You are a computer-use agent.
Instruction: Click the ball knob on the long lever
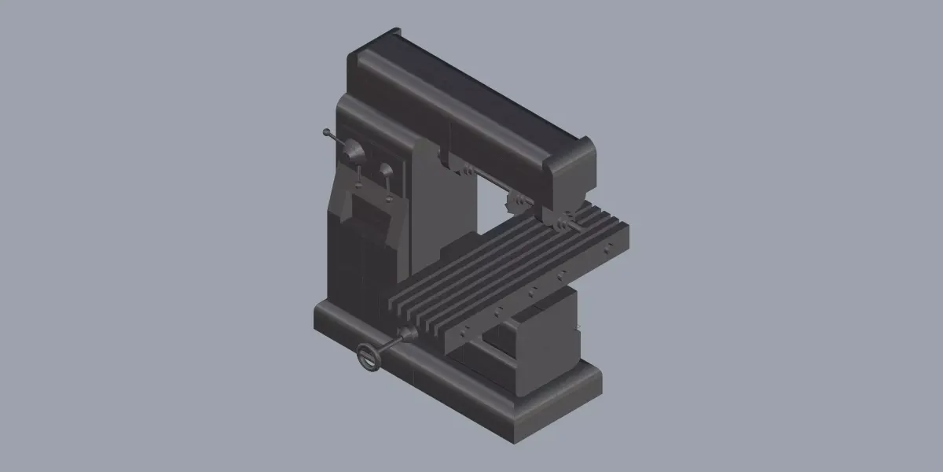point(326,132)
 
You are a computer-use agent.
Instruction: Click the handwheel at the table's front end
point(369,356)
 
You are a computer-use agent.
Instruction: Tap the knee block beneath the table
point(542,338)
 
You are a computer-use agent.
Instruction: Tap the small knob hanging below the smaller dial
point(389,201)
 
